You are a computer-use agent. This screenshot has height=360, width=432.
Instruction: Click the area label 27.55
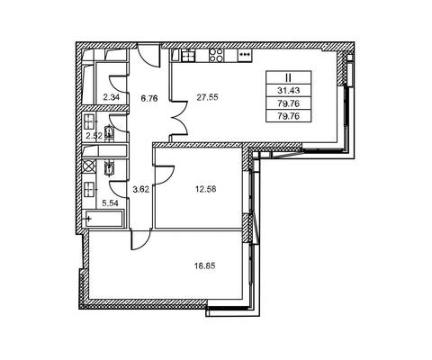click(207, 97)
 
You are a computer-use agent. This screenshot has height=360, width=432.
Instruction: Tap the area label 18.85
click(205, 265)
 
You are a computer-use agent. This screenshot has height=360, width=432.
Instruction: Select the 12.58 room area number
click(205, 189)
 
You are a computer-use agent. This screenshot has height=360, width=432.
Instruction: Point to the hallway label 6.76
click(149, 98)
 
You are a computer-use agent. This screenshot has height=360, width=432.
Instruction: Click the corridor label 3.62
click(141, 190)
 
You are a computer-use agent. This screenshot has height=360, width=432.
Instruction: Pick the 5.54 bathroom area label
click(110, 203)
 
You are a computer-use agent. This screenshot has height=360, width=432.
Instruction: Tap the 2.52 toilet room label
click(94, 136)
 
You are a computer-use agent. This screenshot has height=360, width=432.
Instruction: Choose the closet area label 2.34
click(111, 97)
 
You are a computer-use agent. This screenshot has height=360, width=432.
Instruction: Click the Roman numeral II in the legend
click(288, 78)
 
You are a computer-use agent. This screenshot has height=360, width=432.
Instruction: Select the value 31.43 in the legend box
click(288, 90)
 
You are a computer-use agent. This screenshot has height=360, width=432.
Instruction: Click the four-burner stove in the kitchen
click(217, 56)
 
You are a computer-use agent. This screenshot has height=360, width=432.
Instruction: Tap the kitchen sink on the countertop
click(188, 56)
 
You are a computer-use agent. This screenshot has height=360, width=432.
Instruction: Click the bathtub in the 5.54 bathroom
click(103, 219)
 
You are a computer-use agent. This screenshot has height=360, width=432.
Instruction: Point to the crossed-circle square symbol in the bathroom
click(89, 166)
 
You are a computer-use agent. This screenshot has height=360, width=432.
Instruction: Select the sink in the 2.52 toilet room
click(89, 121)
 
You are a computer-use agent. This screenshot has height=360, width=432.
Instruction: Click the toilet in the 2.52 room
click(109, 133)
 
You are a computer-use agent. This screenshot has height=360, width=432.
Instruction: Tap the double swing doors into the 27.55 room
click(180, 119)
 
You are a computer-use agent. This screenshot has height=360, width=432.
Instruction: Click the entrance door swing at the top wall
click(148, 55)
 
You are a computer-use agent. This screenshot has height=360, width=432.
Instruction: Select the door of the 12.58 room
click(165, 175)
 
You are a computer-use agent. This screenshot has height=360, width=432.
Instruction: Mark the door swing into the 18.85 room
click(141, 239)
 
